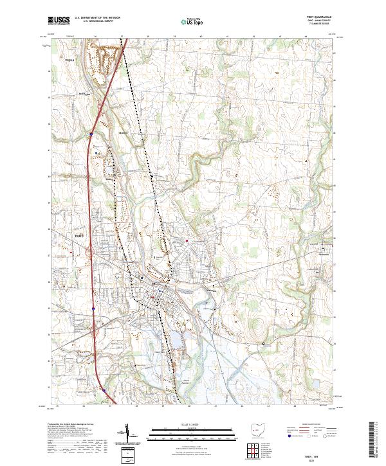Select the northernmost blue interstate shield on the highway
91,134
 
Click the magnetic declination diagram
130,435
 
